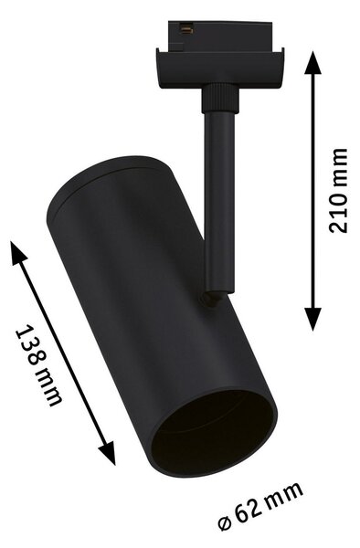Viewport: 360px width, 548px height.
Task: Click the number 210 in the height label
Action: coord(338,212)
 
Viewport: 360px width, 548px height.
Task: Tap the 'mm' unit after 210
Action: coord(338,167)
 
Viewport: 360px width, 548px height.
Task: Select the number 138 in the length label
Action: coord(29,345)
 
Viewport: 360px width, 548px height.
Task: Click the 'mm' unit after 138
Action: coord(49,388)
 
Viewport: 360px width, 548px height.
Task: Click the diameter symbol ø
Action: coord(225,526)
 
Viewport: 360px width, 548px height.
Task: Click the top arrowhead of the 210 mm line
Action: coord(312,62)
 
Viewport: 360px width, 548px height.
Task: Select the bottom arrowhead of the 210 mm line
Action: coord(312,319)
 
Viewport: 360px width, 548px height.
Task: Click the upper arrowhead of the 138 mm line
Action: coord(18,253)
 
